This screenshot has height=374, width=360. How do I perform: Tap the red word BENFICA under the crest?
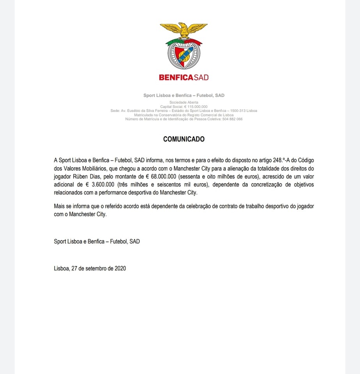pyautogui.click(x=176, y=77)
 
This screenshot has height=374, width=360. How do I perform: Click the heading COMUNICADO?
pyautogui.click(x=184, y=139)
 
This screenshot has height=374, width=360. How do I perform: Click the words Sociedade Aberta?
pyautogui.click(x=184, y=102)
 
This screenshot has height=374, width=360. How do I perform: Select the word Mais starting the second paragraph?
pyautogui.click(x=60, y=206)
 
